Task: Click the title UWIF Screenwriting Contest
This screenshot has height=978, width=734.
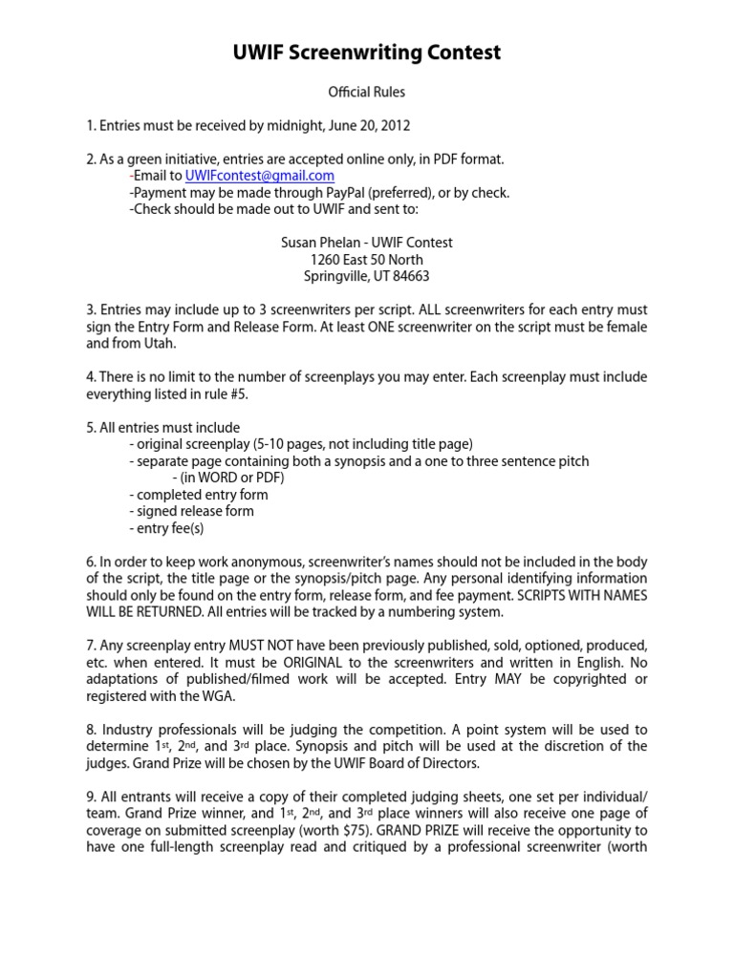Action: pyautogui.click(x=367, y=53)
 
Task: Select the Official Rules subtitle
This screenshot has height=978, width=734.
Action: pyautogui.click(x=367, y=93)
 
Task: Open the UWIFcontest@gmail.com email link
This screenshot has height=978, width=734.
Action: pyautogui.click(x=259, y=176)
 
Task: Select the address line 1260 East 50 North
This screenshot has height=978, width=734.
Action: pyautogui.click(x=367, y=260)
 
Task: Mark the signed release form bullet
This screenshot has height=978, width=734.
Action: pyautogui.click(x=191, y=511)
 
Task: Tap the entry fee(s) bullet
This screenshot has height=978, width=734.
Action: pyautogui.click(x=166, y=528)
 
